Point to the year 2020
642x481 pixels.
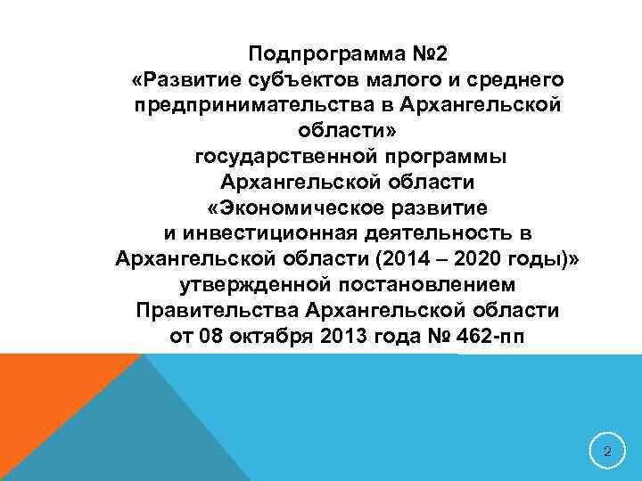(x=480, y=260)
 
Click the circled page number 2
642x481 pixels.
(x=607, y=452)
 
